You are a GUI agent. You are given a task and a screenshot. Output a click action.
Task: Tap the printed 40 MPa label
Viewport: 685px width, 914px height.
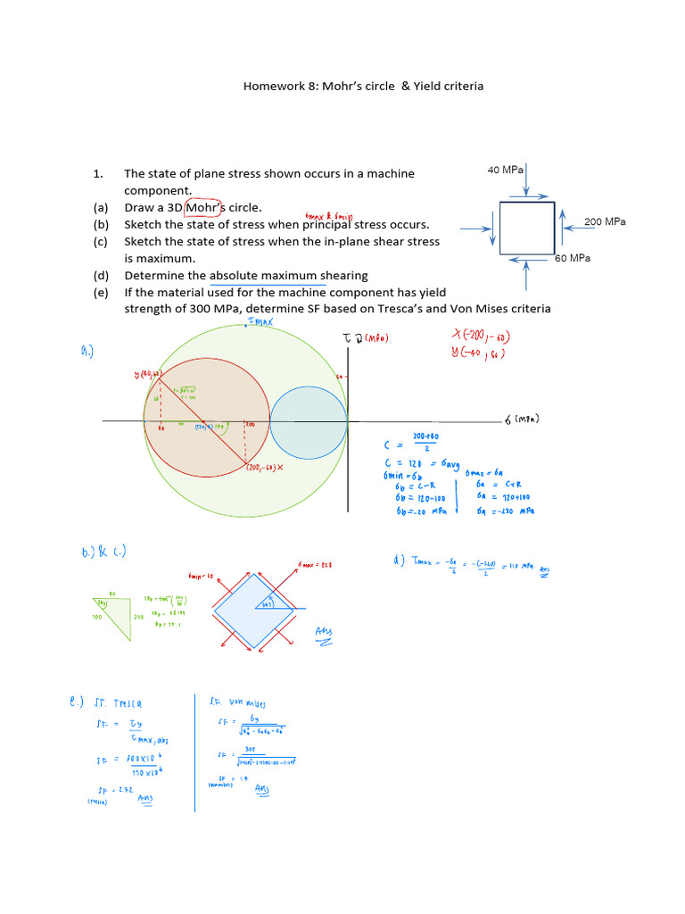(505, 170)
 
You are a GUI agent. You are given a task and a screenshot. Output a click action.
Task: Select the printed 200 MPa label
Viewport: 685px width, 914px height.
(605, 221)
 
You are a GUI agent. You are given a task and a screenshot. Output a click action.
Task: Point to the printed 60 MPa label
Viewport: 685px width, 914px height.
(572, 258)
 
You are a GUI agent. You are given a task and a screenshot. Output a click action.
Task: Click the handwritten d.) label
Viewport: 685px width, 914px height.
(400, 560)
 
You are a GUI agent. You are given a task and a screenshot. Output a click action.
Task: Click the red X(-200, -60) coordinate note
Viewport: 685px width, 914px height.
(481, 336)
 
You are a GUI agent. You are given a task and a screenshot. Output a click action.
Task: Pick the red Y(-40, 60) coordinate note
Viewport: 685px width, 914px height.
(479, 353)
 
